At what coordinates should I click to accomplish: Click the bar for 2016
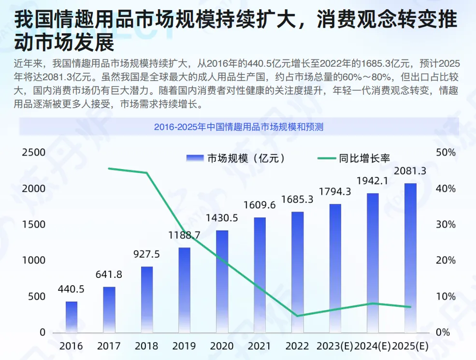click(72, 317)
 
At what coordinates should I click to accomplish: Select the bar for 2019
click(185, 290)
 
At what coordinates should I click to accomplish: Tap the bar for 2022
click(298, 272)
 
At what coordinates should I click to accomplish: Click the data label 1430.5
click(222, 218)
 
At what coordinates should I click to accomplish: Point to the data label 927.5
click(147, 254)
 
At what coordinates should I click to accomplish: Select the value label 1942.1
click(373, 181)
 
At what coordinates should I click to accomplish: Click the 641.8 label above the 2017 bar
click(109, 274)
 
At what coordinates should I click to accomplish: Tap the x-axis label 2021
click(260, 346)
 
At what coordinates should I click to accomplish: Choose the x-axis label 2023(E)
click(335, 346)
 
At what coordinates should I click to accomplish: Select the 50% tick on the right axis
click(446, 152)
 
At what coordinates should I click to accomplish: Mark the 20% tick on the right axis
click(446, 260)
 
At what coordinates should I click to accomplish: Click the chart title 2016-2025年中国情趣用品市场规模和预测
click(238, 127)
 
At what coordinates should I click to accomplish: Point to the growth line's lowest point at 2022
click(298, 316)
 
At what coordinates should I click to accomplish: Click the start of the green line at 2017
click(109, 168)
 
